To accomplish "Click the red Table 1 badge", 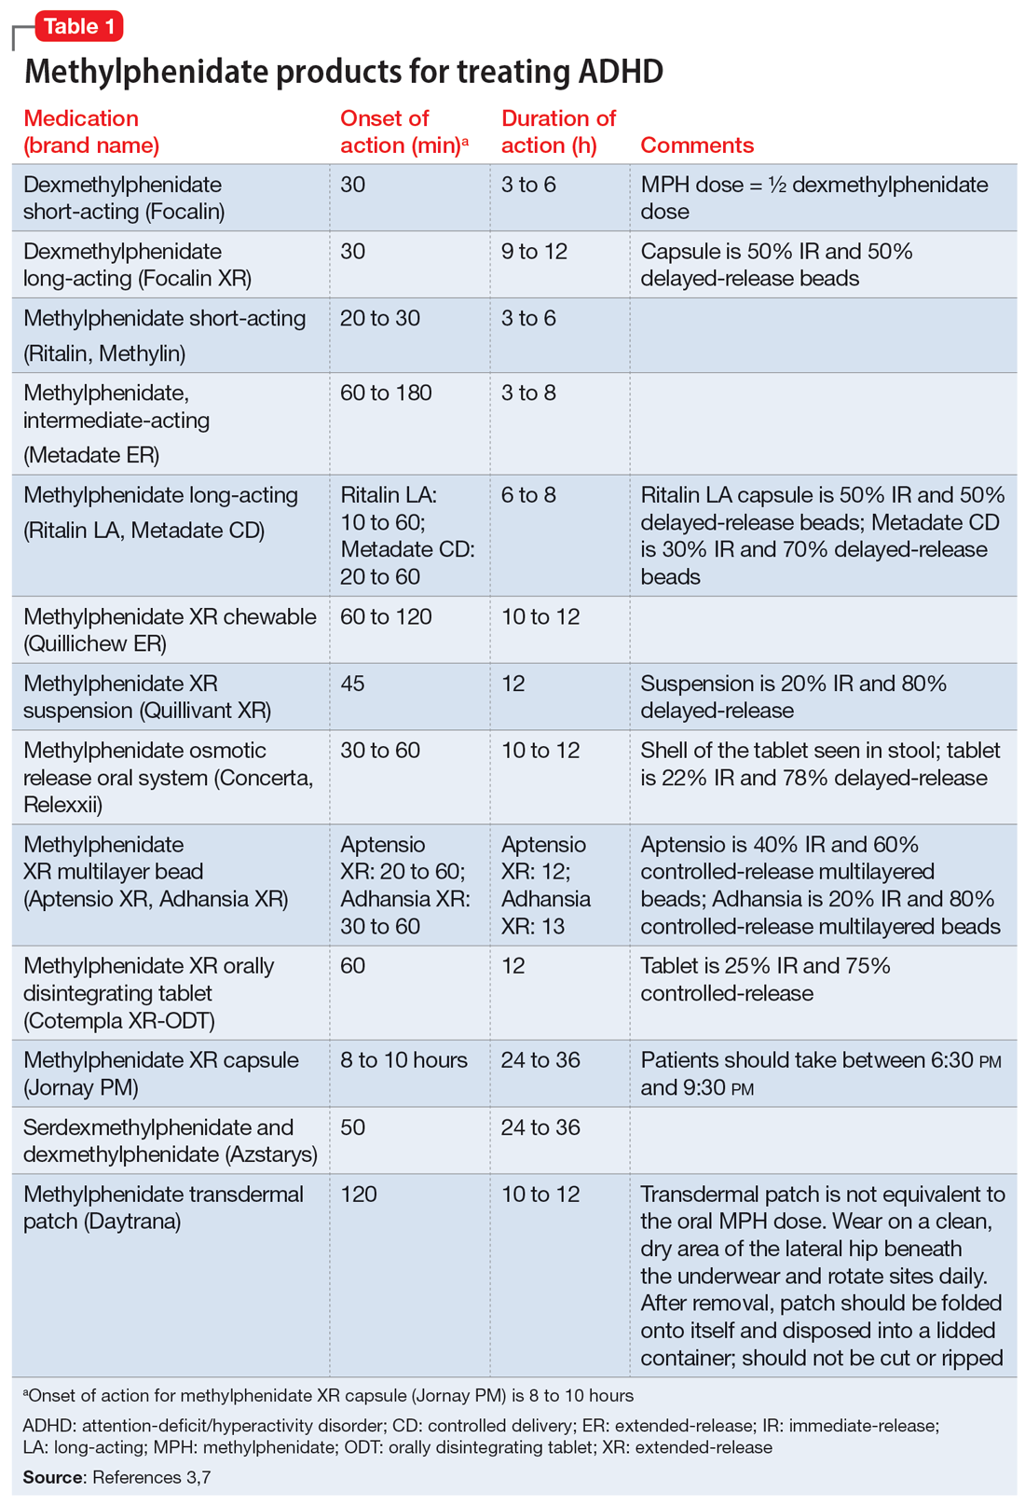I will (x=78, y=26).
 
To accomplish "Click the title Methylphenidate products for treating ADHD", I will (x=343, y=71).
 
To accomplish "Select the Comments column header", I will (x=697, y=145).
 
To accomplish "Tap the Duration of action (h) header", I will (x=558, y=131).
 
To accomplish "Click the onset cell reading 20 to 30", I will (x=380, y=319).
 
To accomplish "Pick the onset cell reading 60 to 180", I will (x=386, y=394).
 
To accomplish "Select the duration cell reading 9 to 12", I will (x=534, y=252).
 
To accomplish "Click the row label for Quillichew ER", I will (x=170, y=630).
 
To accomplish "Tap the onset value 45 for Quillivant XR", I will (x=353, y=684).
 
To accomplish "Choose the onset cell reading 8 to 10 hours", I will (x=403, y=1061).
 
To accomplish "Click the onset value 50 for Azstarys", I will (x=353, y=1128).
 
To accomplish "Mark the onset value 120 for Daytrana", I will (x=359, y=1195).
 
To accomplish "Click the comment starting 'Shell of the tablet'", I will (x=820, y=765).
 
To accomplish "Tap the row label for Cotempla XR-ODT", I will (x=149, y=994).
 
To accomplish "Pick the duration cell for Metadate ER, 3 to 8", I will (x=528, y=394).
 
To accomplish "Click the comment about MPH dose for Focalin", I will (x=813, y=198).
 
